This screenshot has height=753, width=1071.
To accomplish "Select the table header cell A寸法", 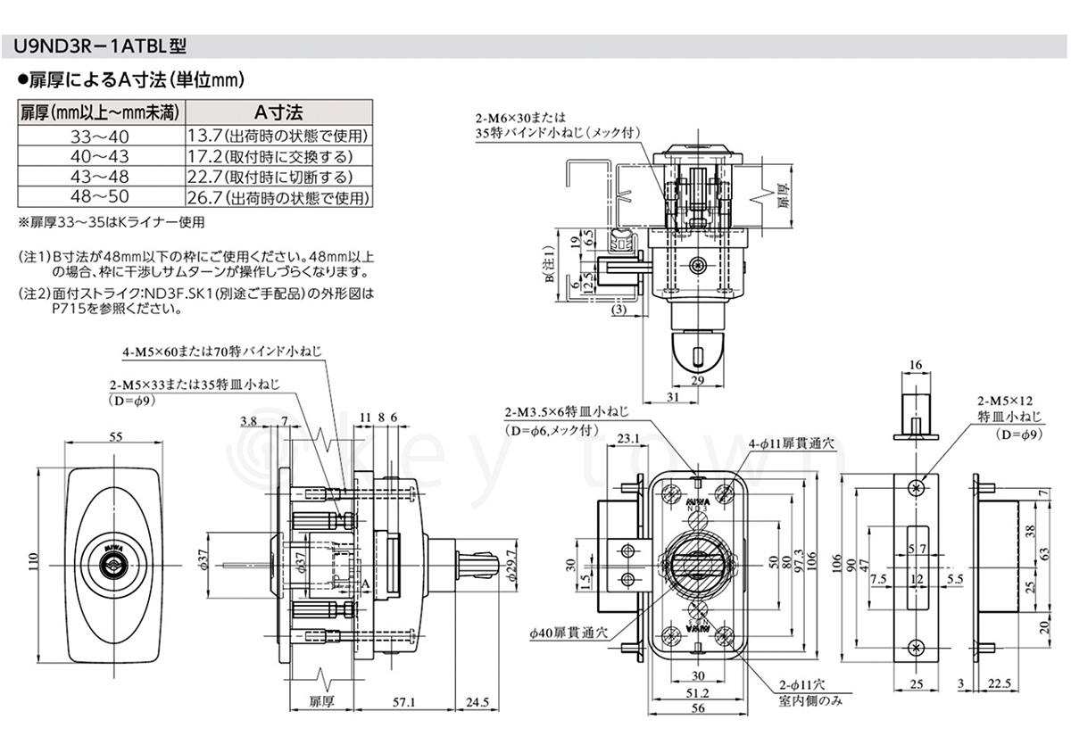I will (x=278, y=112).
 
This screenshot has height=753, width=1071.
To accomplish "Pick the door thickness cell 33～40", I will (x=99, y=137).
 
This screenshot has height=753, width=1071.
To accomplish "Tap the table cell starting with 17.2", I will (x=278, y=156).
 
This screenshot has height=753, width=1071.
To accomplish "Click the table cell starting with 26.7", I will (x=278, y=197).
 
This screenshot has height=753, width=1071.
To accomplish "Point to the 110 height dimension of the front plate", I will (x=33, y=562).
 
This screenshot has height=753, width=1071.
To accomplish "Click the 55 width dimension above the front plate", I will (x=115, y=437).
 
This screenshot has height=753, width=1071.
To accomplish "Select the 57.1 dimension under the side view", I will (x=405, y=702).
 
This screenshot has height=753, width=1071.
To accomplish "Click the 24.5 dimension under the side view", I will (x=477, y=702).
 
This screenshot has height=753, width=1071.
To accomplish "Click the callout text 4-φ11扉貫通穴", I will (x=795, y=442).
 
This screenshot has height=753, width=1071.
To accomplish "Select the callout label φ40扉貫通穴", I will (x=569, y=632).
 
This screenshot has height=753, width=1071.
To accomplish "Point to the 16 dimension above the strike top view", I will (x=915, y=365).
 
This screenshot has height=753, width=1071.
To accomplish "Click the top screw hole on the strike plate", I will (x=915, y=487).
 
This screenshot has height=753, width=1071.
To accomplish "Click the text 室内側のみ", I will (x=810, y=700).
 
